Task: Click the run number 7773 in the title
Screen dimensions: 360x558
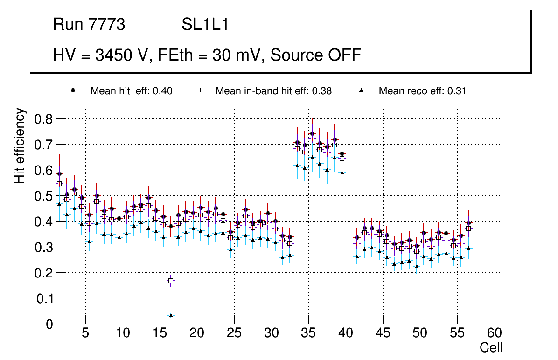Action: coord(106,25)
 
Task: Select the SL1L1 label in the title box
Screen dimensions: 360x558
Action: coord(205,25)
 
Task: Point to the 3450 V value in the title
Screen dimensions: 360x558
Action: coord(122,55)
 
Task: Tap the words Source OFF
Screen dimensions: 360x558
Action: coord(316,55)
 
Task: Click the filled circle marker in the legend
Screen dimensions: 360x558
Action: coord(73,90)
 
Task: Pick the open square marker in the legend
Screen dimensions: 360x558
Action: coord(198,90)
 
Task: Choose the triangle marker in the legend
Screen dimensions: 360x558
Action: coord(361,90)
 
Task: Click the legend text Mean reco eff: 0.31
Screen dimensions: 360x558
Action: coord(422,91)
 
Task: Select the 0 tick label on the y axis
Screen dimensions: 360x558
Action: coord(48,324)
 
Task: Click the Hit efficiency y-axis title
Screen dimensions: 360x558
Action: coord(20,146)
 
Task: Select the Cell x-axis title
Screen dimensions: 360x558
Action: coord(491,348)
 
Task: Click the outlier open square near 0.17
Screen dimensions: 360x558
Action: coord(171,281)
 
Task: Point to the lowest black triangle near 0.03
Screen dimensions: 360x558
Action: coord(171,315)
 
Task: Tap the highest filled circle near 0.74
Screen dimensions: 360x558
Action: coord(312,133)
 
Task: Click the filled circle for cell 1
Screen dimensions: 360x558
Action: coord(59,173)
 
